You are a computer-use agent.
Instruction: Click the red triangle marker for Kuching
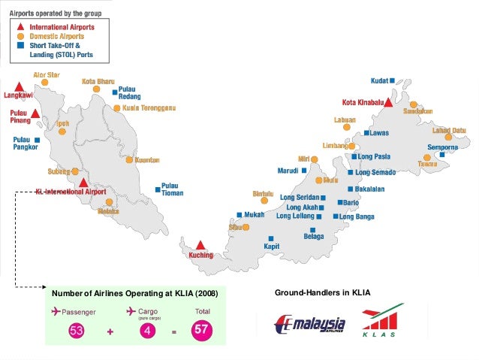(200, 244)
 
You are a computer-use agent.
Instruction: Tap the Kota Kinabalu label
(363, 102)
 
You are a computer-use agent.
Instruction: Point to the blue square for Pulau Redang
(114, 93)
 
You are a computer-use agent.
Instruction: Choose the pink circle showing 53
(77, 329)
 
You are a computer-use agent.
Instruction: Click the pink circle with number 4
(148, 329)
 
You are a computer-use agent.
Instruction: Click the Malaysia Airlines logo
(310, 325)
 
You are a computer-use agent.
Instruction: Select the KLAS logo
(384, 321)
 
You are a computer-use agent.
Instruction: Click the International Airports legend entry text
(62, 27)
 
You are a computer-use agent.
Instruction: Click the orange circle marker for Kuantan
(129, 159)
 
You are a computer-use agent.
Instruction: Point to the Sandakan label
(417, 110)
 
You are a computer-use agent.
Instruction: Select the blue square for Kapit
(267, 234)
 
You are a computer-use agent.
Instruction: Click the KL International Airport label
(71, 192)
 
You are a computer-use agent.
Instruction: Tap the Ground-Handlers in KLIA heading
(322, 292)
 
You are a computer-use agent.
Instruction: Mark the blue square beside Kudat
(392, 80)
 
